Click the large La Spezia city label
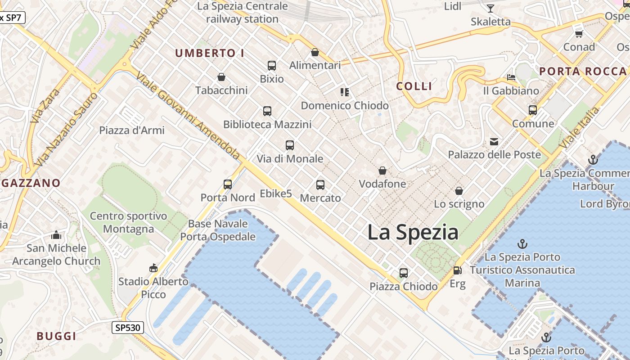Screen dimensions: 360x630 point(413,233)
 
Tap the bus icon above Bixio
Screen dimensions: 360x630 point(272,66)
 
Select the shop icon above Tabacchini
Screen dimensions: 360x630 point(221,77)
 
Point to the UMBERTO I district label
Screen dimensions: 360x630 point(210,53)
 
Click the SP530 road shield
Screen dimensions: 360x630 point(128,328)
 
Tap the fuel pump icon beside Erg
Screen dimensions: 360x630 point(457,270)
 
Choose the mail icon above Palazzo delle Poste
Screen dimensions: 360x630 point(494,142)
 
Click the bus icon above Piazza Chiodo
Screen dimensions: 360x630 point(404,273)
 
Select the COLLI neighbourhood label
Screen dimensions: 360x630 point(414,86)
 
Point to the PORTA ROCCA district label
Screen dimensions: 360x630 point(583,71)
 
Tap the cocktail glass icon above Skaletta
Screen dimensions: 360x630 point(490,9)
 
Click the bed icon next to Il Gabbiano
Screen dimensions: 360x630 point(511,77)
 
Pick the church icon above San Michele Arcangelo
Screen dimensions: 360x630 point(56,235)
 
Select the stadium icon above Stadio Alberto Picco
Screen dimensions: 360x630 point(153,268)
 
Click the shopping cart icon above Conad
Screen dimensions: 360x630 point(579,34)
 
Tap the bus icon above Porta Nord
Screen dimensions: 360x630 point(228,184)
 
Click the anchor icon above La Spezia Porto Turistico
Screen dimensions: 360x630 point(522,244)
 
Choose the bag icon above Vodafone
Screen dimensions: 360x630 point(382,171)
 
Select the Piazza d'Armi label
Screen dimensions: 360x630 point(132,130)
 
